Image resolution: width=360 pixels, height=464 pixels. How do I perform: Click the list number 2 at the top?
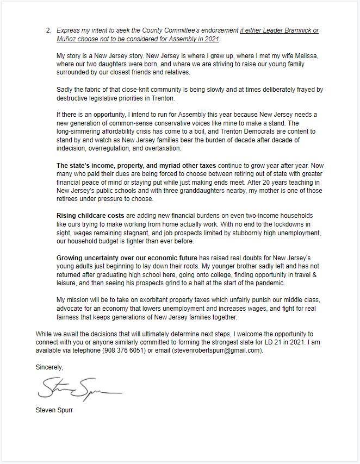coord(48,30)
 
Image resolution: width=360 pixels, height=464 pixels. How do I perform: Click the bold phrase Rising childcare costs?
coord(90,216)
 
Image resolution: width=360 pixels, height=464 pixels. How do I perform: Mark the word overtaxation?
coord(182,148)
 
